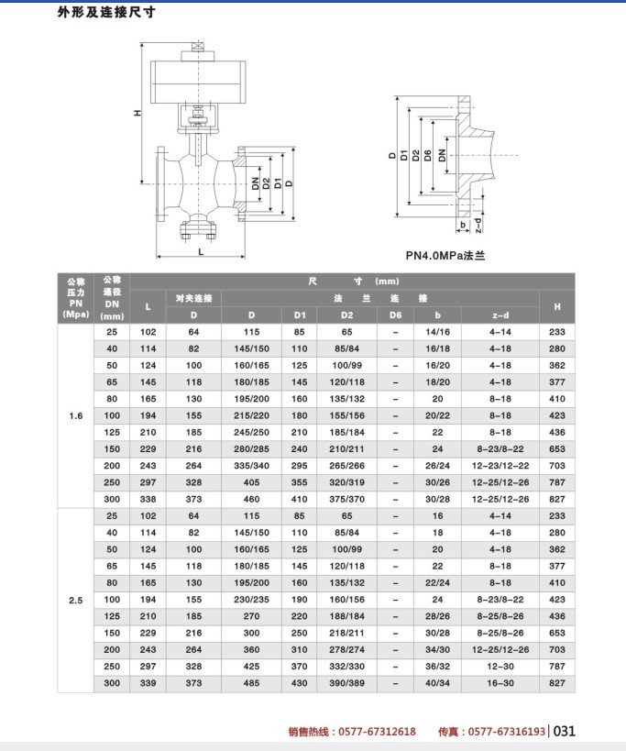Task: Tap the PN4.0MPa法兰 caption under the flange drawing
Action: [445, 256]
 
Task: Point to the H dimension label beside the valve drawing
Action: [137, 113]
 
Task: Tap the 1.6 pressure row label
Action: [76, 415]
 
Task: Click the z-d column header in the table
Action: [500, 315]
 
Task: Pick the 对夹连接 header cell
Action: [193, 299]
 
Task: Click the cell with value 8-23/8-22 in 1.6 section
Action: [500, 448]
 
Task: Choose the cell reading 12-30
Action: [500, 666]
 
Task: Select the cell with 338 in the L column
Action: [148, 499]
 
